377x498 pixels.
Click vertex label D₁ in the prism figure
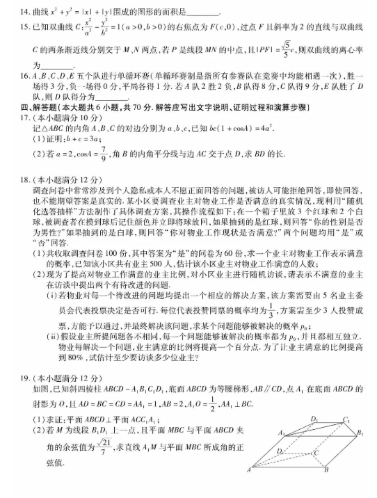click(x=314, y=419)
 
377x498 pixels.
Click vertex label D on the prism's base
click(x=279, y=451)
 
